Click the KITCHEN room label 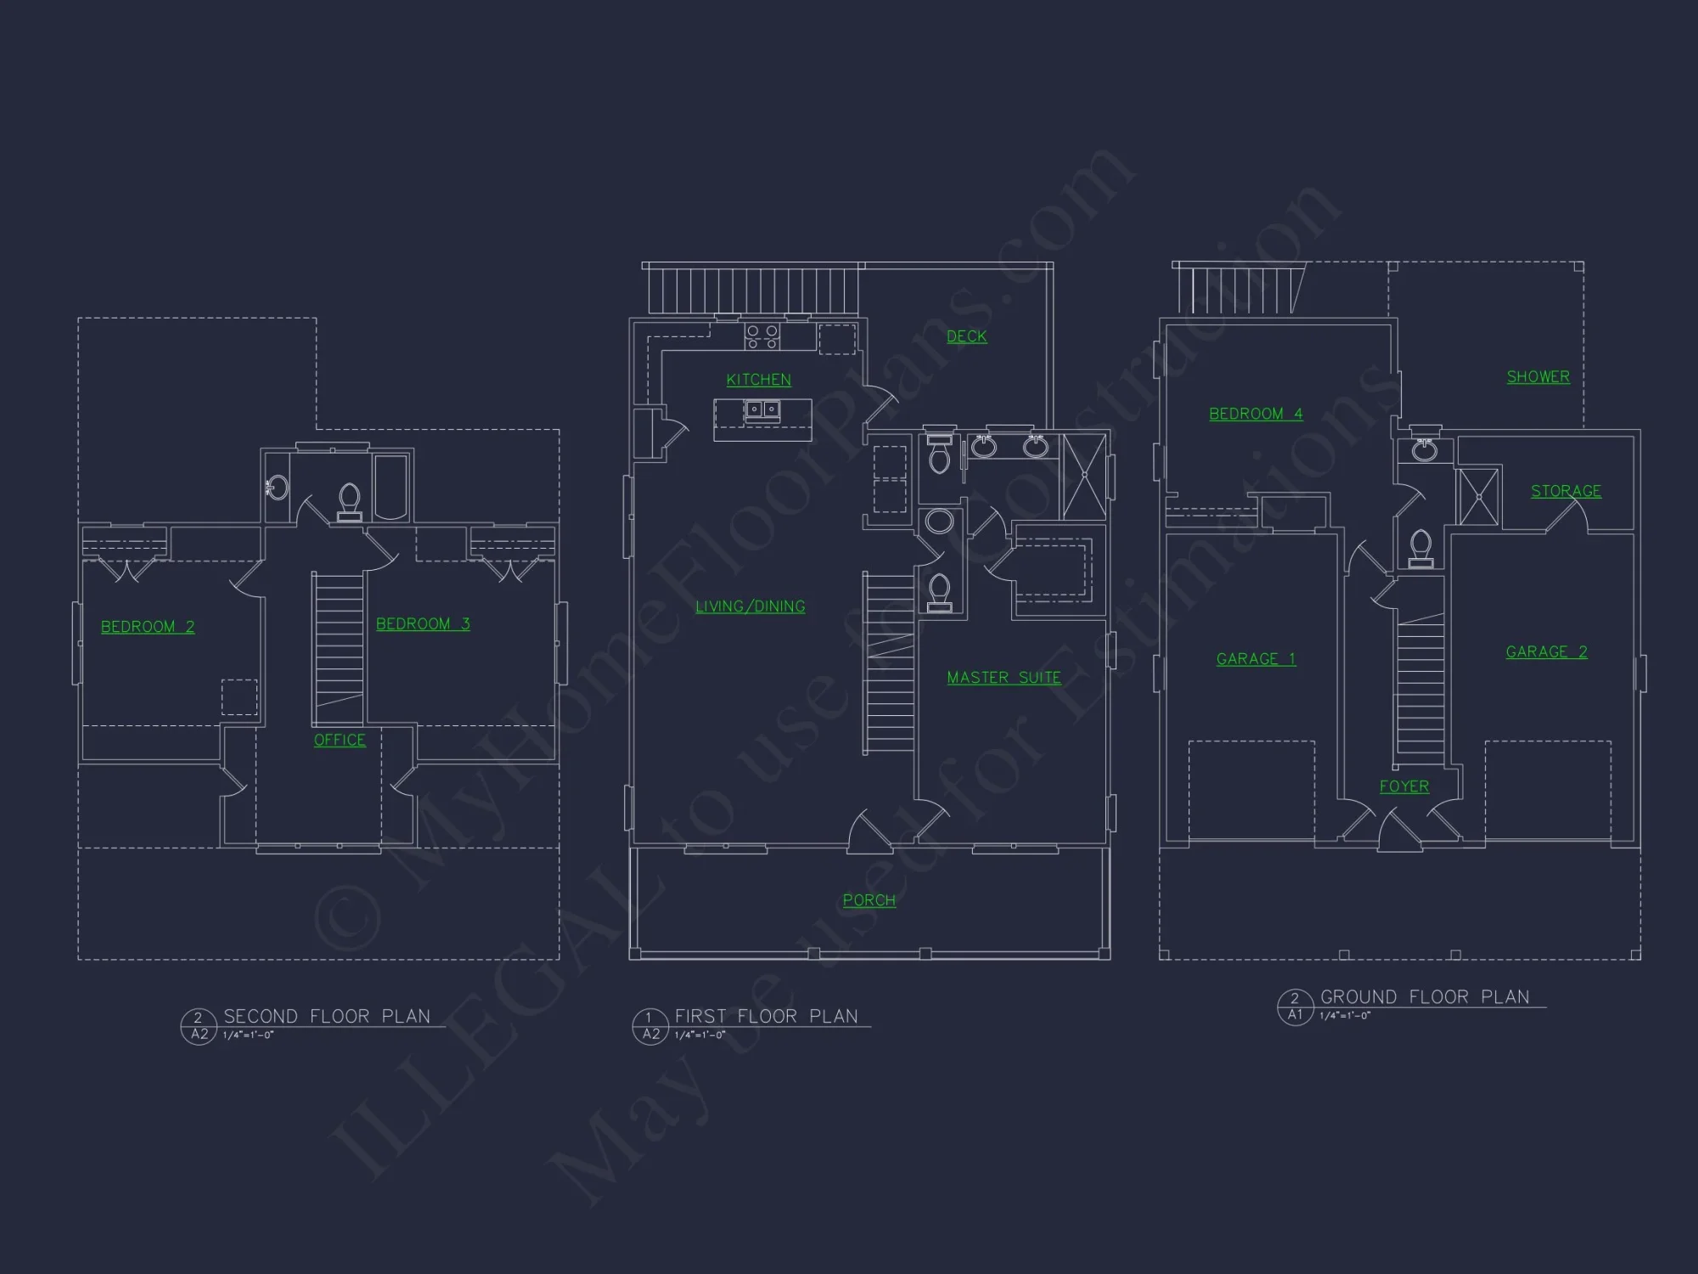(x=758, y=380)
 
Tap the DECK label (x=966, y=336)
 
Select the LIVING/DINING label (x=750, y=606)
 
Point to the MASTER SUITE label (x=1004, y=678)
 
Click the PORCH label (x=869, y=900)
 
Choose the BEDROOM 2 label (x=148, y=627)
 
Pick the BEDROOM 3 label (x=423, y=624)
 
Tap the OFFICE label (x=340, y=740)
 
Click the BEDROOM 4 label (x=1256, y=414)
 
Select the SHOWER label (x=1538, y=376)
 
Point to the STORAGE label (x=1566, y=491)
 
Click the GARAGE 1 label (x=1256, y=659)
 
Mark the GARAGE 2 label (x=1546, y=651)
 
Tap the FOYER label (x=1403, y=786)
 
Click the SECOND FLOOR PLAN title (x=327, y=1017)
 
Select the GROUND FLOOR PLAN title (x=1425, y=997)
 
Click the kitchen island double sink (x=762, y=410)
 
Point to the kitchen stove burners (x=762, y=336)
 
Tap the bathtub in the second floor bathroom (x=391, y=487)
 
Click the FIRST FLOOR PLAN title (x=766, y=1017)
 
